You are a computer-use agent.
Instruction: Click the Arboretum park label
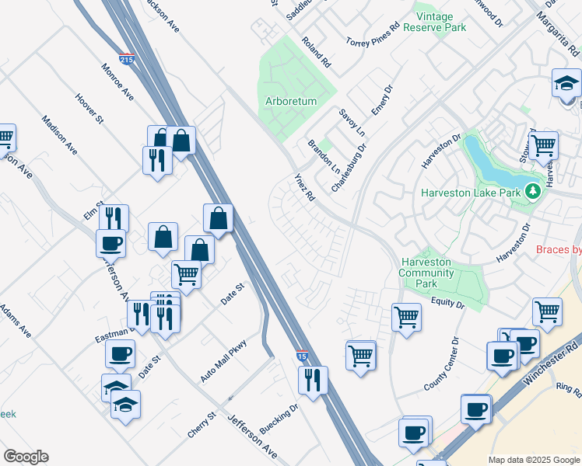tap(290, 102)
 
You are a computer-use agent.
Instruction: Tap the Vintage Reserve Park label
tap(440, 22)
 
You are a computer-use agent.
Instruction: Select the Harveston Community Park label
tap(426, 273)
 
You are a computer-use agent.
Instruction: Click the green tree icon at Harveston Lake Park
tap(532, 190)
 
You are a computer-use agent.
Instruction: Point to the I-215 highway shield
tap(125, 58)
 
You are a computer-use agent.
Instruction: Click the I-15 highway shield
tap(302, 356)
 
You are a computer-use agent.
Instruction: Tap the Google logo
tap(26, 457)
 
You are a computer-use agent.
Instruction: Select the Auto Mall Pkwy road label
tap(223, 360)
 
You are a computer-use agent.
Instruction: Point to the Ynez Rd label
tap(303, 187)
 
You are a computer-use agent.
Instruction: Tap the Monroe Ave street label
tap(117, 82)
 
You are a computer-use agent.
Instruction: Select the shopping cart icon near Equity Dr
tap(406, 317)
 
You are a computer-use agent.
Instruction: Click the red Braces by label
tap(559, 250)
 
